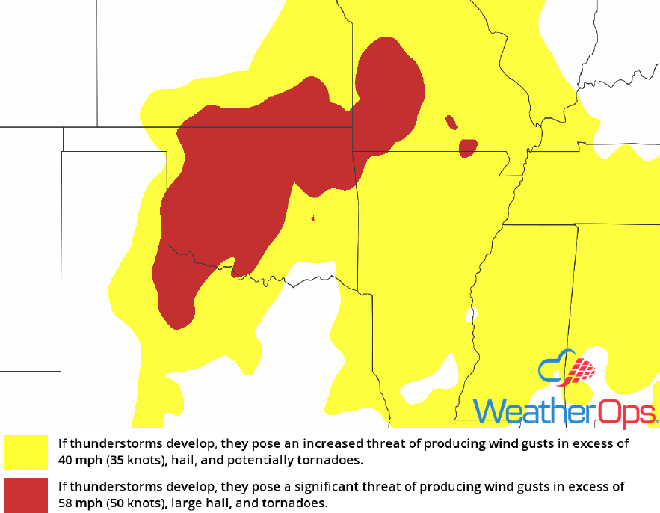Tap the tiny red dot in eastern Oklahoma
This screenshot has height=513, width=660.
pyautogui.click(x=312, y=219)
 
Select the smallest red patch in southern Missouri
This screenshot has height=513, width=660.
pyautogui.click(x=451, y=122)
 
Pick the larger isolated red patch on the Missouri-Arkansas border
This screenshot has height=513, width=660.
pyautogui.click(x=468, y=147)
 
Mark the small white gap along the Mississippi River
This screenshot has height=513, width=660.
pyautogui.click(x=470, y=315)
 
